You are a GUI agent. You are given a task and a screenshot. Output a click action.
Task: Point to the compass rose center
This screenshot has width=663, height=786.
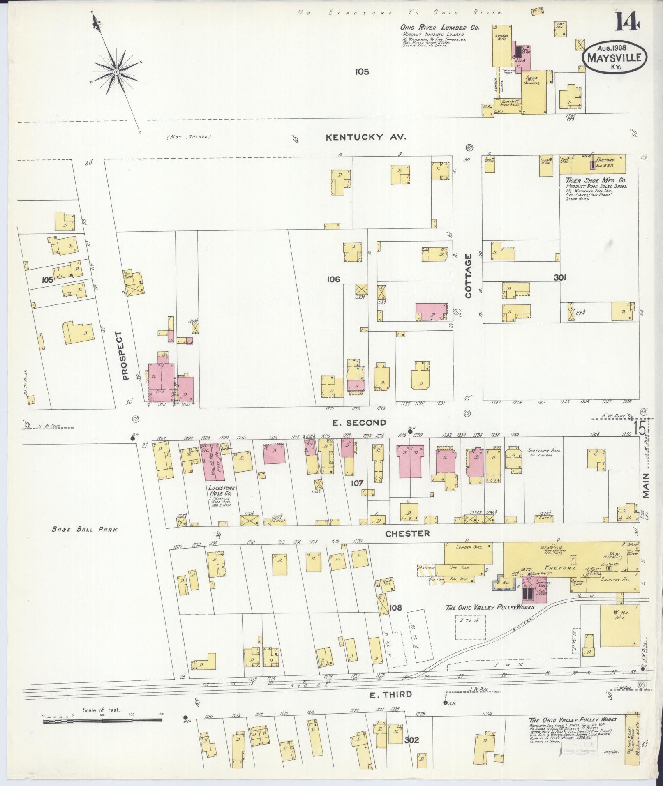click(116, 72)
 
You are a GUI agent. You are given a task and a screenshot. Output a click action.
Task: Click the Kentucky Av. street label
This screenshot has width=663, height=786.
click(366, 137)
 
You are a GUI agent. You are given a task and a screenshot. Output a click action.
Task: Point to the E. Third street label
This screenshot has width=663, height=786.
click(390, 694)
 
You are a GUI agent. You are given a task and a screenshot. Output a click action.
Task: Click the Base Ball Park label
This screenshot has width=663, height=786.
click(84, 530)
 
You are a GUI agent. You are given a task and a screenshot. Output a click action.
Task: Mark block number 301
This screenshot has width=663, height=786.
click(560, 278)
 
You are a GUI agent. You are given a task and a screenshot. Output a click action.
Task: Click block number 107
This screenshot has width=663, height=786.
click(357, 483)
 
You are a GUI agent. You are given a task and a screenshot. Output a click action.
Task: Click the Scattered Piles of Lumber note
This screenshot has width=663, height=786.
click(543, 453)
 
